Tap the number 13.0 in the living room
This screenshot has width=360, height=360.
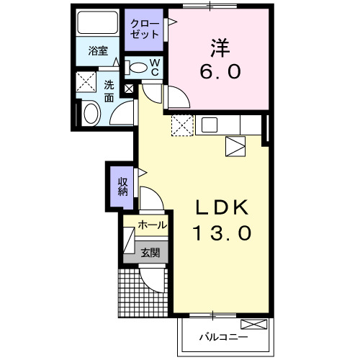coord(222,233)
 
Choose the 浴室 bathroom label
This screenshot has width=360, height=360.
coord(98,51)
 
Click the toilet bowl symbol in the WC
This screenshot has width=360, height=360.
coord(137,67)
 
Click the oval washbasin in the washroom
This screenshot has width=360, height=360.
coord(91,113)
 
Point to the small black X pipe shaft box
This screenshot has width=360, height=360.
coord(129,89)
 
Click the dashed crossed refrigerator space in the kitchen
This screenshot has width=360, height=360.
coord(182,125)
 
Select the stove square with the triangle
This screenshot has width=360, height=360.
coord(235,146)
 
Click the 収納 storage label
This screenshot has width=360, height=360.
coord(123,185)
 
